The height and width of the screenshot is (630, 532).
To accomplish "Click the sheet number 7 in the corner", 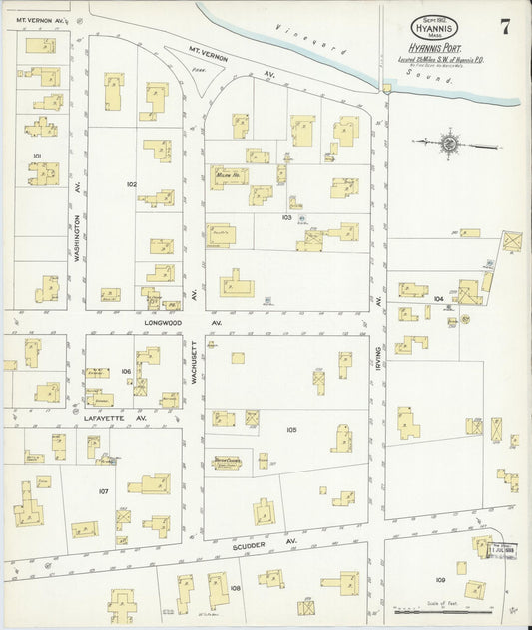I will click(505, 27).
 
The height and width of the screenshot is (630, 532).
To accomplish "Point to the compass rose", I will click(449, 145).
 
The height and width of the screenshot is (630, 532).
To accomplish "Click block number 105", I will click(291, 430).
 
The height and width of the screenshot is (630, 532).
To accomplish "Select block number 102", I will click(131, 184).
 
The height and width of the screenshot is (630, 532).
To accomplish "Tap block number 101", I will click(37, 156).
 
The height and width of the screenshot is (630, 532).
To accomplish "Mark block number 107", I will click(103, 492).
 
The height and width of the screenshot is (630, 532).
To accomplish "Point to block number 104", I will click(438, 298).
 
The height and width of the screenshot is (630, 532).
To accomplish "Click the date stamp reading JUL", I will click(497, 546).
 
